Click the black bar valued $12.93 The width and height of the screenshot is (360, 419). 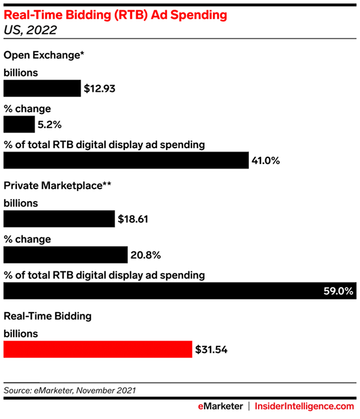tap(42, 89)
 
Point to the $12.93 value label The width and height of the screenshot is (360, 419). tap(100, 89)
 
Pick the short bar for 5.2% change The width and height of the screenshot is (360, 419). tap(19, 124)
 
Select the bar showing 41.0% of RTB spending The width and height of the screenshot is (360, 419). tap(126, 160)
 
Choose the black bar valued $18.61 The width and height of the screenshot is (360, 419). tap(59, 219)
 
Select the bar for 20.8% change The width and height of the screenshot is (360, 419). tap(65, 255)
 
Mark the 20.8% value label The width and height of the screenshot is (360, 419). tap(146, 256)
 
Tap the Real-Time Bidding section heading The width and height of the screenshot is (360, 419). tap(47, 315)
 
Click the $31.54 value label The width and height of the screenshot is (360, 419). tap(211, 349)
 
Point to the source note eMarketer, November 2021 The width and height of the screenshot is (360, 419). tap(70, 390)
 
